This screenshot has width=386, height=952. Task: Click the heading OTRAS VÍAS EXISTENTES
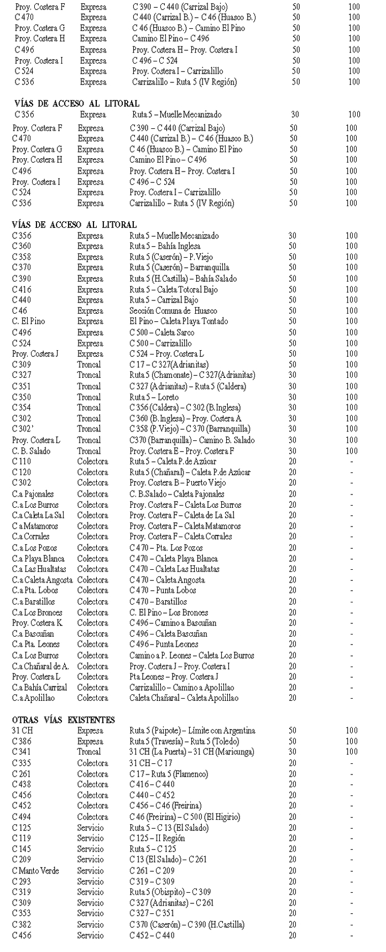[64, 720]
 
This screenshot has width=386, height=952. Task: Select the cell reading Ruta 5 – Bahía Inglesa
[165, 246]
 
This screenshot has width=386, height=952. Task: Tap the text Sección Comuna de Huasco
[173, 311]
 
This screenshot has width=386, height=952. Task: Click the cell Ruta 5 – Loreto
[154, 397]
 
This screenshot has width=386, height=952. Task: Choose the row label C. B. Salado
[31, 451]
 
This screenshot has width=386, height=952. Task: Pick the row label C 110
[22, 461]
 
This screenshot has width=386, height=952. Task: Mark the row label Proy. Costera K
[37, 623]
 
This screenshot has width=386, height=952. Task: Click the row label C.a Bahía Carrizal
[39, 688]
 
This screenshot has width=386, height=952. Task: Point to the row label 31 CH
[23, 731]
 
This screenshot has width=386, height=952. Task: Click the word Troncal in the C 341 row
[89, 752]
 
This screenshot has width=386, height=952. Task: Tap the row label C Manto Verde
[35, 871]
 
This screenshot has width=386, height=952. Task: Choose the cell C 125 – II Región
[157, 839]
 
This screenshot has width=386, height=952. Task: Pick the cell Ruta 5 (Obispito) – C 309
[170, 892]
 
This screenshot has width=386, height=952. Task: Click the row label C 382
[22, 924]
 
